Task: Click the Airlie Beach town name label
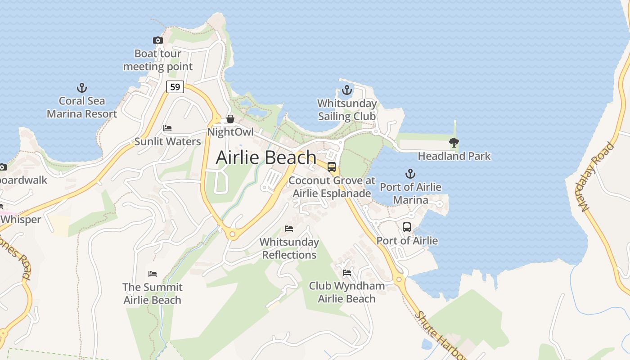[266, 157]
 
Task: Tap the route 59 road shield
[175, 86]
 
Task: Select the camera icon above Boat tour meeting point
[157, 40]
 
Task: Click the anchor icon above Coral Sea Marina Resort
[82, 88]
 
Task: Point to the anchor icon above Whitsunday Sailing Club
[346, 90]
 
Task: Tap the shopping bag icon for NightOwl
[230, 119]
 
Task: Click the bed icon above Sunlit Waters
[167, 128]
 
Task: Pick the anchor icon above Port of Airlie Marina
[410, 174]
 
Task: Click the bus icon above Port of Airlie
[407, 227]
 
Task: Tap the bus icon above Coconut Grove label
[332, 167]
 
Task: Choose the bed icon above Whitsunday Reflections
[289, 229]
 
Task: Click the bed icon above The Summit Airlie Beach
[153, 274]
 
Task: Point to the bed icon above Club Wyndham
[346, 272]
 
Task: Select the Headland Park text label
[454, 156]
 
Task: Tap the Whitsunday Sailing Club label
[346, 110]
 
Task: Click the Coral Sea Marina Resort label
[82, 108]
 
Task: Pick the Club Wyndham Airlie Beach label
[346, 292]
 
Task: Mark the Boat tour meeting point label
[157, 60]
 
